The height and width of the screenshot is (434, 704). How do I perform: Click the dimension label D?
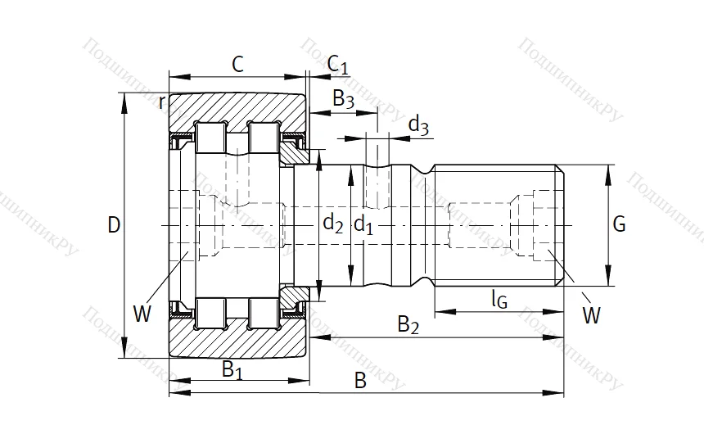point(114,224)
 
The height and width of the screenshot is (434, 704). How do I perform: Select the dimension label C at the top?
point(237,65)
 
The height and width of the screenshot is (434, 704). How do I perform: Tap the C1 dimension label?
point(337,65)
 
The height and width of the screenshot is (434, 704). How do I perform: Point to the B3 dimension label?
point(343,100)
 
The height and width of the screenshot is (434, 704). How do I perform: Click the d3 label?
point(418,125)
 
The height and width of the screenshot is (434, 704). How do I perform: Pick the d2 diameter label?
point(332,223)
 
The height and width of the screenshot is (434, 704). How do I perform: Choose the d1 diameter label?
point(363,223)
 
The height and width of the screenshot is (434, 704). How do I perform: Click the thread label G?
point(619,224)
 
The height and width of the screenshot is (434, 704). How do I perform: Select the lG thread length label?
point(499,300)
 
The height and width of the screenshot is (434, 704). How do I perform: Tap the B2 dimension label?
point(408,325)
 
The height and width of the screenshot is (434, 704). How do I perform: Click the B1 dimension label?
point(233,369)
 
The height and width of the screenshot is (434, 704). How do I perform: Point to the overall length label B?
point(359,381)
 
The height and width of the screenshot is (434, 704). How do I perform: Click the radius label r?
point(162,102)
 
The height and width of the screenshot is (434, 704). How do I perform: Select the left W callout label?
point(142,314)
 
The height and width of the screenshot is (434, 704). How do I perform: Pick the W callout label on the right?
point(591,313)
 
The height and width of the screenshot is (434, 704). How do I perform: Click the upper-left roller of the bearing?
point(211,137)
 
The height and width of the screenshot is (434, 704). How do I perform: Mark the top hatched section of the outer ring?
point(237,107)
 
